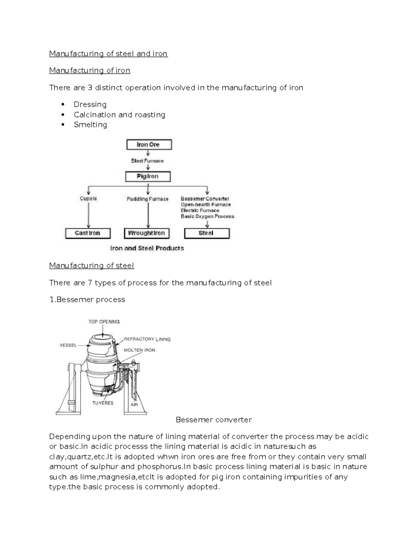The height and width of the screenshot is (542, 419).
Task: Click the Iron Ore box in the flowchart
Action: point(148,144)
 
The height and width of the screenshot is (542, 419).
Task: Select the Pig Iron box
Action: point(148,176)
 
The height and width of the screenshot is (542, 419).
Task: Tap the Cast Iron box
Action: point(88,233)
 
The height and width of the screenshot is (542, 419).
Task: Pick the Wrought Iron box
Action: point(146,233)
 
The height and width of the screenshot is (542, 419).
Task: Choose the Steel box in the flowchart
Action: point(206,233)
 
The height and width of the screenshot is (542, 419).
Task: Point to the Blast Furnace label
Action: point(147,161)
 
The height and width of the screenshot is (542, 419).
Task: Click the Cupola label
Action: point(88,199)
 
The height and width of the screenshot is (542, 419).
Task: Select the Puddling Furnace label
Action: point(148,199)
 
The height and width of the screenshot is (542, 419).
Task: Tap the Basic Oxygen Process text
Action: point(207,216)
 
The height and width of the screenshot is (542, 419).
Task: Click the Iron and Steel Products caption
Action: point(147,248)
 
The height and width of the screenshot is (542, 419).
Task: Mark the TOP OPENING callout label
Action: point(104,322)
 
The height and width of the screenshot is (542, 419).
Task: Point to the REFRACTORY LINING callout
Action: point(147,339)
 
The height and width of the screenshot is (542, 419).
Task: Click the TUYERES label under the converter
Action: point(103,403)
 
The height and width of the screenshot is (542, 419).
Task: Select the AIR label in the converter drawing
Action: point(134,405)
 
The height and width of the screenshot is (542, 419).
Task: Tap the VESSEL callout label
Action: point(68,345)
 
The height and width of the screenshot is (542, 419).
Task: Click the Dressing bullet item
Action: point(90,104)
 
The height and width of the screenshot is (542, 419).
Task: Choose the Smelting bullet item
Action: point(90,125)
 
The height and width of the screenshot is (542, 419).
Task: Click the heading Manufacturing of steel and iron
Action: point(108,54)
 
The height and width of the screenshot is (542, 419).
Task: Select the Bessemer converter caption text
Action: point(214,420)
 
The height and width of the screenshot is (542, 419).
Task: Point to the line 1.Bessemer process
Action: point(87,300)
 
